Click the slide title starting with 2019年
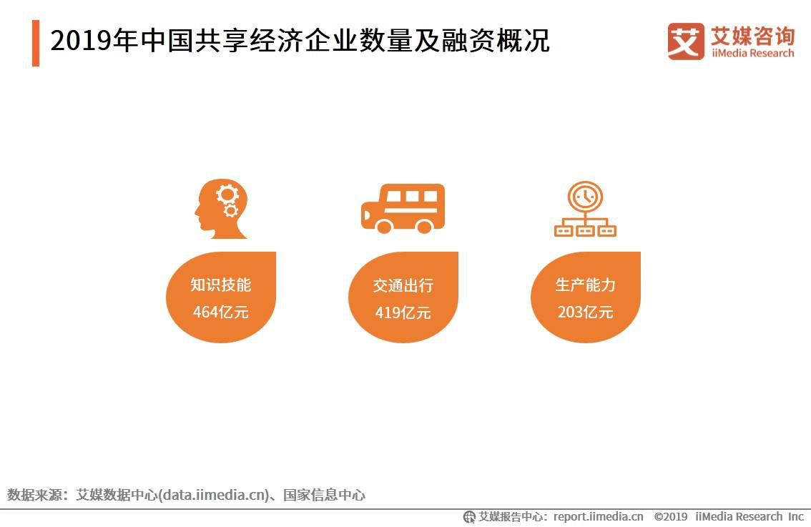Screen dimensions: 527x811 point(300,41)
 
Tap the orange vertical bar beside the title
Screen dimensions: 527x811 point(36,43)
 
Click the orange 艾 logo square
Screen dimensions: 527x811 point(685,41)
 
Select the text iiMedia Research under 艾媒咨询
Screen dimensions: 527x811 point(752,54)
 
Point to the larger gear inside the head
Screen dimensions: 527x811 point(227,193)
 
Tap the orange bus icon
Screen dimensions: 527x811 point(403,208)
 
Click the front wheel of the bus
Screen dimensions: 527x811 point(384,226)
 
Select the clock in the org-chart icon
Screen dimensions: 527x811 point(585,197)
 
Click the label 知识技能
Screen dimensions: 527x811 point(221,285)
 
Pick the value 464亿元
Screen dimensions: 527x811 point(221,312)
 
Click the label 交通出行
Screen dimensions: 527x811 point(403,285)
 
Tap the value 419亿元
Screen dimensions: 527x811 point(403,312)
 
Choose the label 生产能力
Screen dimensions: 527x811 point(585,285)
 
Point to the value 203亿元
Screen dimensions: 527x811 point(585,312)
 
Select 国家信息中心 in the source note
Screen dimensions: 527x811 point(324,495)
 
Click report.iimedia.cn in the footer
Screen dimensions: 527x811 point(598,516)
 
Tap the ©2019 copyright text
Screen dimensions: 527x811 point(671,516)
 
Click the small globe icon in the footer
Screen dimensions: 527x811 point(470,516)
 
